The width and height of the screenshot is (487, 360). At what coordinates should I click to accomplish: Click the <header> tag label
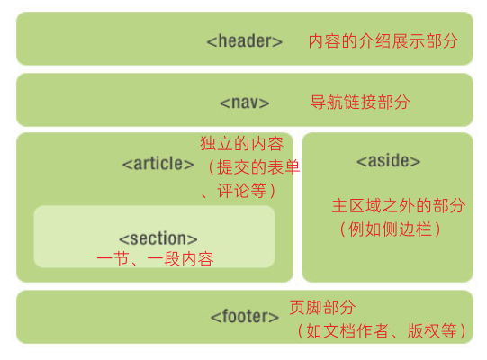coord(245,41)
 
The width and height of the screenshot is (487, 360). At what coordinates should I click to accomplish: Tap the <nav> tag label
coord(245,103)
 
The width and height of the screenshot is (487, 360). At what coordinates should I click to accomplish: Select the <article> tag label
coord(158,164)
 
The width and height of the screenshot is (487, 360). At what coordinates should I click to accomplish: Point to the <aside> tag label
coord(388,160)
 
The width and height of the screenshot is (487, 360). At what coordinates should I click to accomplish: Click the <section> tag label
coord(158,238)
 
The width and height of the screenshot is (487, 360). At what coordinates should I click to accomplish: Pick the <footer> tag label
coord(245,317)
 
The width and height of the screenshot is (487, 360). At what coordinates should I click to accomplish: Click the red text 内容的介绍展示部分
coord(383,41)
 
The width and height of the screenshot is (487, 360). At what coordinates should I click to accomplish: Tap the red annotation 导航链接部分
coord(360,103)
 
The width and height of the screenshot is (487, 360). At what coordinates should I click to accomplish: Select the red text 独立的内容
coord(242,144)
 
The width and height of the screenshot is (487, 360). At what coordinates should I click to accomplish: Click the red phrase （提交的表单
coord(252,167)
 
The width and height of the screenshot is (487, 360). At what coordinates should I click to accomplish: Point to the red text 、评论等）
coord(239,191)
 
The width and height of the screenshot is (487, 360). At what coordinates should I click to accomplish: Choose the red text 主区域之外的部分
coord(399,205)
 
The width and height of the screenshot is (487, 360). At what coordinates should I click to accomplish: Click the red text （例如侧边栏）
coord(390,229)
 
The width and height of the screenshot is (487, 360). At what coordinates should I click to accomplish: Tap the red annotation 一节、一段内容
coord(156,259)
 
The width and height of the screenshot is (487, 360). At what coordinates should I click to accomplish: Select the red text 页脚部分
coord(322,307)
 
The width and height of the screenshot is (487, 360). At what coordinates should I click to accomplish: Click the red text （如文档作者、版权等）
coord(382,331)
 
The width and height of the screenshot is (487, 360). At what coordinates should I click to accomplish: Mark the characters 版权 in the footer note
coord(423,331)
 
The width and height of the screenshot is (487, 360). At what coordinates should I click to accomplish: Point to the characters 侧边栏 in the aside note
coord(407,229)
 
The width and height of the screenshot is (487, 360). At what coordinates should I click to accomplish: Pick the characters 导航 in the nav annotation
coord(327,103)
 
